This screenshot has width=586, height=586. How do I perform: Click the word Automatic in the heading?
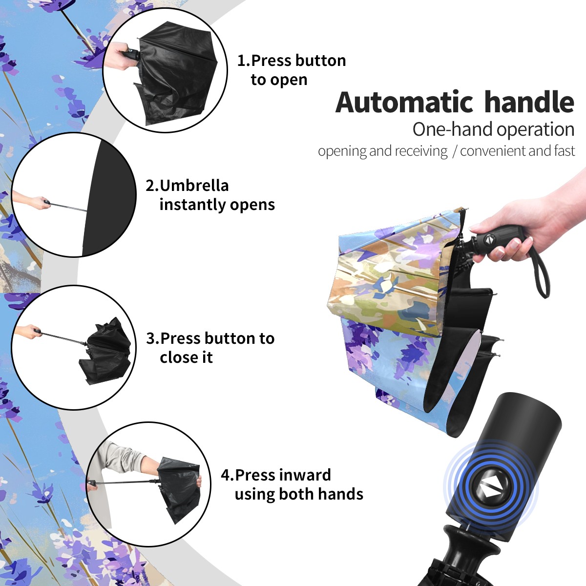click(x=404, y=102)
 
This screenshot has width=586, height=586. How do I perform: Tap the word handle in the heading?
click(x=529, y=102)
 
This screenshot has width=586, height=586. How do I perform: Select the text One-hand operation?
click(x=493, y=129)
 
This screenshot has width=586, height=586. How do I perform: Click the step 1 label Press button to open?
click(x=292, y=70)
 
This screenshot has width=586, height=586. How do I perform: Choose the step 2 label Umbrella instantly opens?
click(x=210, y=195)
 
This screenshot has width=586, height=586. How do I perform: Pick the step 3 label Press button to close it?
click(x=210, y=348)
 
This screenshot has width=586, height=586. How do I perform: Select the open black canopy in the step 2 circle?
click(x=109, y=198)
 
